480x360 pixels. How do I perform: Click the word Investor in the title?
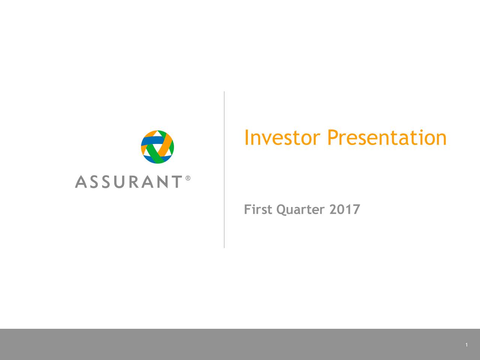(282, 137)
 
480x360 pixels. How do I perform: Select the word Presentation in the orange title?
(387, 137)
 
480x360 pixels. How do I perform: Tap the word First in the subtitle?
(258, 209)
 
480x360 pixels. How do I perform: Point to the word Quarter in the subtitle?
(300, 210)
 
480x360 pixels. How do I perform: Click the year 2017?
(345, 209)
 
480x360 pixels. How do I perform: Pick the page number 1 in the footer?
(466, 345)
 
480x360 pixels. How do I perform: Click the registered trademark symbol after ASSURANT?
(188, 178)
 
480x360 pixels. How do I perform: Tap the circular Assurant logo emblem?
(157, 147)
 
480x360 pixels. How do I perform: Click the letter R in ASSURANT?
(133, 181)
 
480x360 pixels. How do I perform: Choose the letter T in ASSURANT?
(177, 181)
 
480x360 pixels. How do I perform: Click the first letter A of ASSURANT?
(81, 181)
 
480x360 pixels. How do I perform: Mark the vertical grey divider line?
(224, 169)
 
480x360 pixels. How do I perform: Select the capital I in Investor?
(246, 137)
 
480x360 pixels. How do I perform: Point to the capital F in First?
(247, 209)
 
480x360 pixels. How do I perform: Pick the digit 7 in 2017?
(356, 209)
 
